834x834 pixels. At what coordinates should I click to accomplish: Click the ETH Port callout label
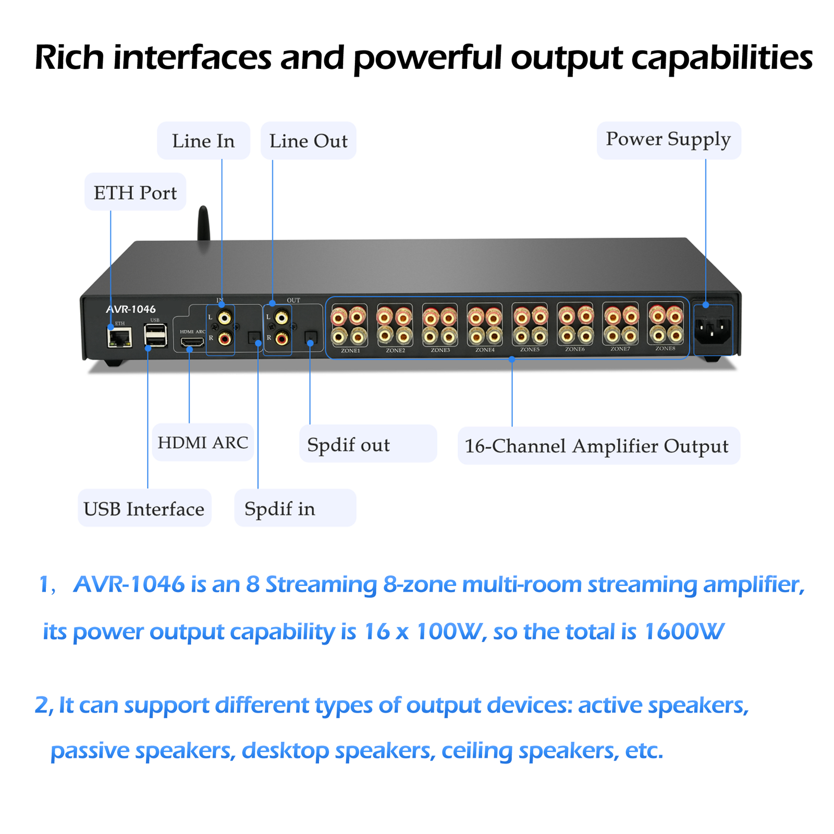point(135,192)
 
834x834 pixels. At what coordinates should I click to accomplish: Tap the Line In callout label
point(203,141)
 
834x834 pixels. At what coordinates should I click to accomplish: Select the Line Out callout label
point(308,141)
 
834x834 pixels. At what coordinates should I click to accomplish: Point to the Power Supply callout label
point(668,140)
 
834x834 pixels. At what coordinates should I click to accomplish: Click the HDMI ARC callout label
point(203,443)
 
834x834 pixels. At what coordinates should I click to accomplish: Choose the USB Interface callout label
point(144,508)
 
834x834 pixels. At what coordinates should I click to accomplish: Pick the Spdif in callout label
point(280,508)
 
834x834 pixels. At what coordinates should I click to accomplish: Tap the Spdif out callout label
point(348,445)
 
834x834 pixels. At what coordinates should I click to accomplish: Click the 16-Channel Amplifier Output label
point(596,446)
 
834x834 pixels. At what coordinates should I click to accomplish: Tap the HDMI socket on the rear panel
point(192,342)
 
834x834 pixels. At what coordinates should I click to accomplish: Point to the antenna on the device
point(203,224)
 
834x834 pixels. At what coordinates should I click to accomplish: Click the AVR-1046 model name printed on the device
point(131,310)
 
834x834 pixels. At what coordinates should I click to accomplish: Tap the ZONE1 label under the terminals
point(350,351)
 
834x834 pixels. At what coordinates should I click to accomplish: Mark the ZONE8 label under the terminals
point(665,348)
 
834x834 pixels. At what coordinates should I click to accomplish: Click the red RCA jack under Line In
point(225,339)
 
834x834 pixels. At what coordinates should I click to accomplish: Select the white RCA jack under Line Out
point(281,317)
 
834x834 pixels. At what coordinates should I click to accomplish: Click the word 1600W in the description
point(683,631)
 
